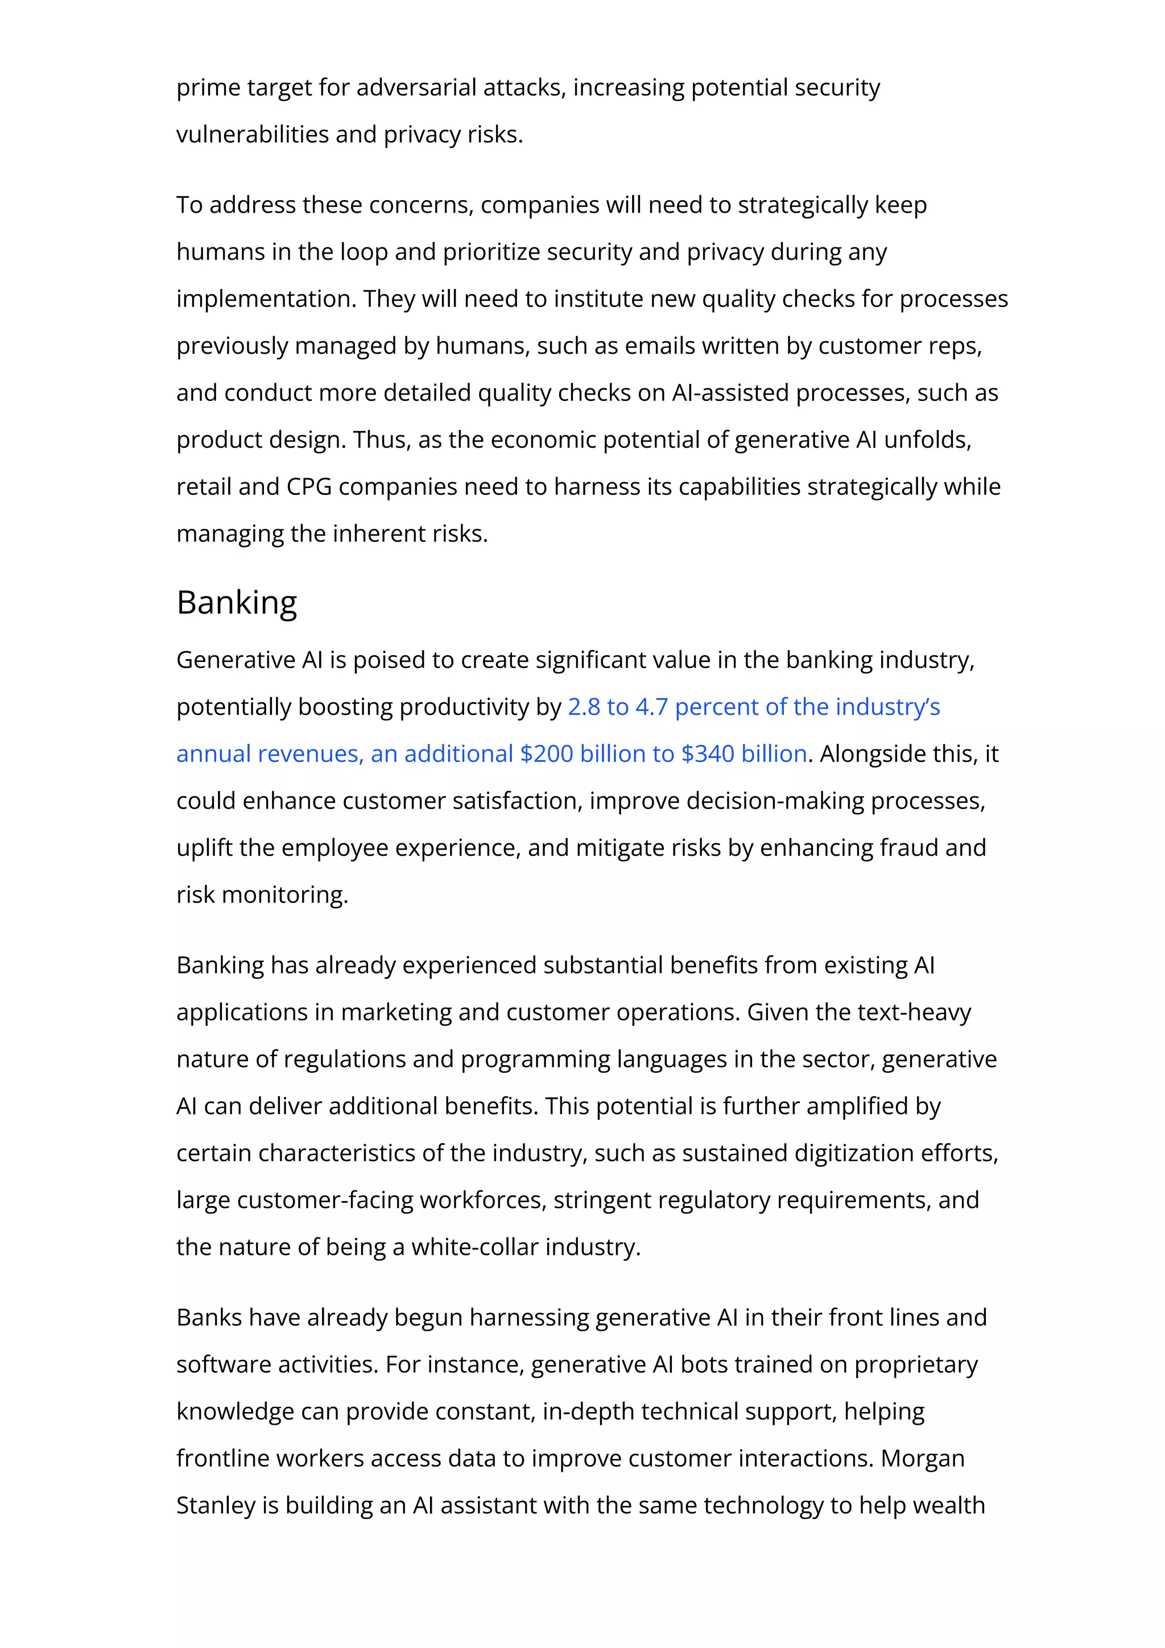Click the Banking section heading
236,602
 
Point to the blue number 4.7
652,707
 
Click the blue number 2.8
584,707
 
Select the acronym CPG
309,487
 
